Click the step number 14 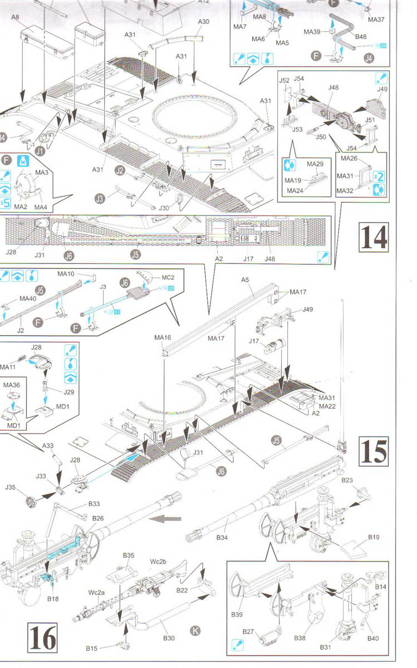pos(373,237)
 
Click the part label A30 pos(203,21)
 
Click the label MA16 pos(163,337)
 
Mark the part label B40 pos(372,638)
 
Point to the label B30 pos(168,638)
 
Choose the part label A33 pos(49,445)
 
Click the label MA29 pos(315,164)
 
